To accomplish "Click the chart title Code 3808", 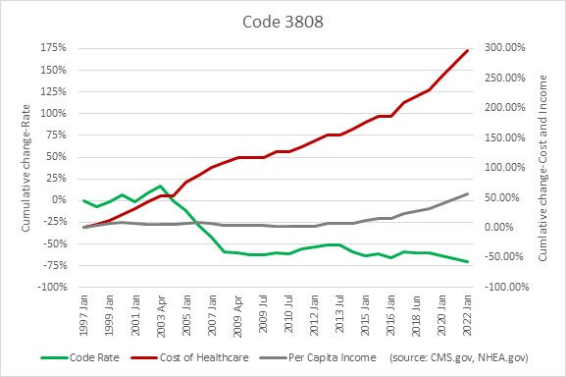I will (283, 20).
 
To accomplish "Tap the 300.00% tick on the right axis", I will (502, 48).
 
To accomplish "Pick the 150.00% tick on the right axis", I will (502, 137).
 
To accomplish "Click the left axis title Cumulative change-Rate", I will (26, 167).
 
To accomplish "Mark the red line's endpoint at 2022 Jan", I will (467, 50).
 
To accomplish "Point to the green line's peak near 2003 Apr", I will (160, 186).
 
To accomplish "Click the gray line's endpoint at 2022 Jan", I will (467, 193).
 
